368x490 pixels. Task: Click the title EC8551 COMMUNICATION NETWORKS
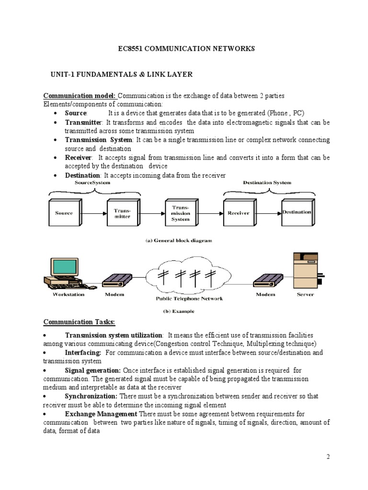point(187,49)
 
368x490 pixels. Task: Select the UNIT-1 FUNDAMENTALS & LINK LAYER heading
point(122,75)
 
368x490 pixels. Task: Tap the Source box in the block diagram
point(64,213)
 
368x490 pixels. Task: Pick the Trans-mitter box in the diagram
point(122,213)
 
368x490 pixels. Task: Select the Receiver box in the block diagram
point(238,213)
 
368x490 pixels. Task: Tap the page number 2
point(328,457)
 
